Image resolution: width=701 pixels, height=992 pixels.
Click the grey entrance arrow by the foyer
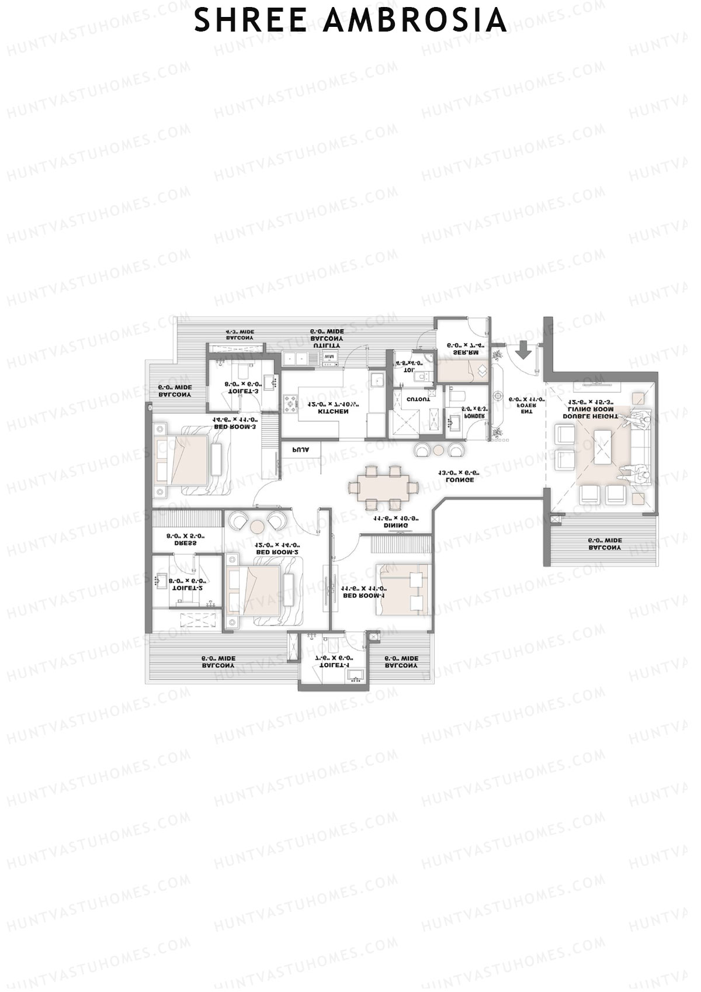523,351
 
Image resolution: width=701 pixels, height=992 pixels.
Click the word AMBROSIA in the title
415,20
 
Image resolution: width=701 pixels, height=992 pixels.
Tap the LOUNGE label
459,479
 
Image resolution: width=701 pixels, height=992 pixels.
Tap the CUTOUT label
418,399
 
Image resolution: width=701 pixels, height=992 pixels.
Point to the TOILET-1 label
333,665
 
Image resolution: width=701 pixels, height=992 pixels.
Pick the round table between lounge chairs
438,449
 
